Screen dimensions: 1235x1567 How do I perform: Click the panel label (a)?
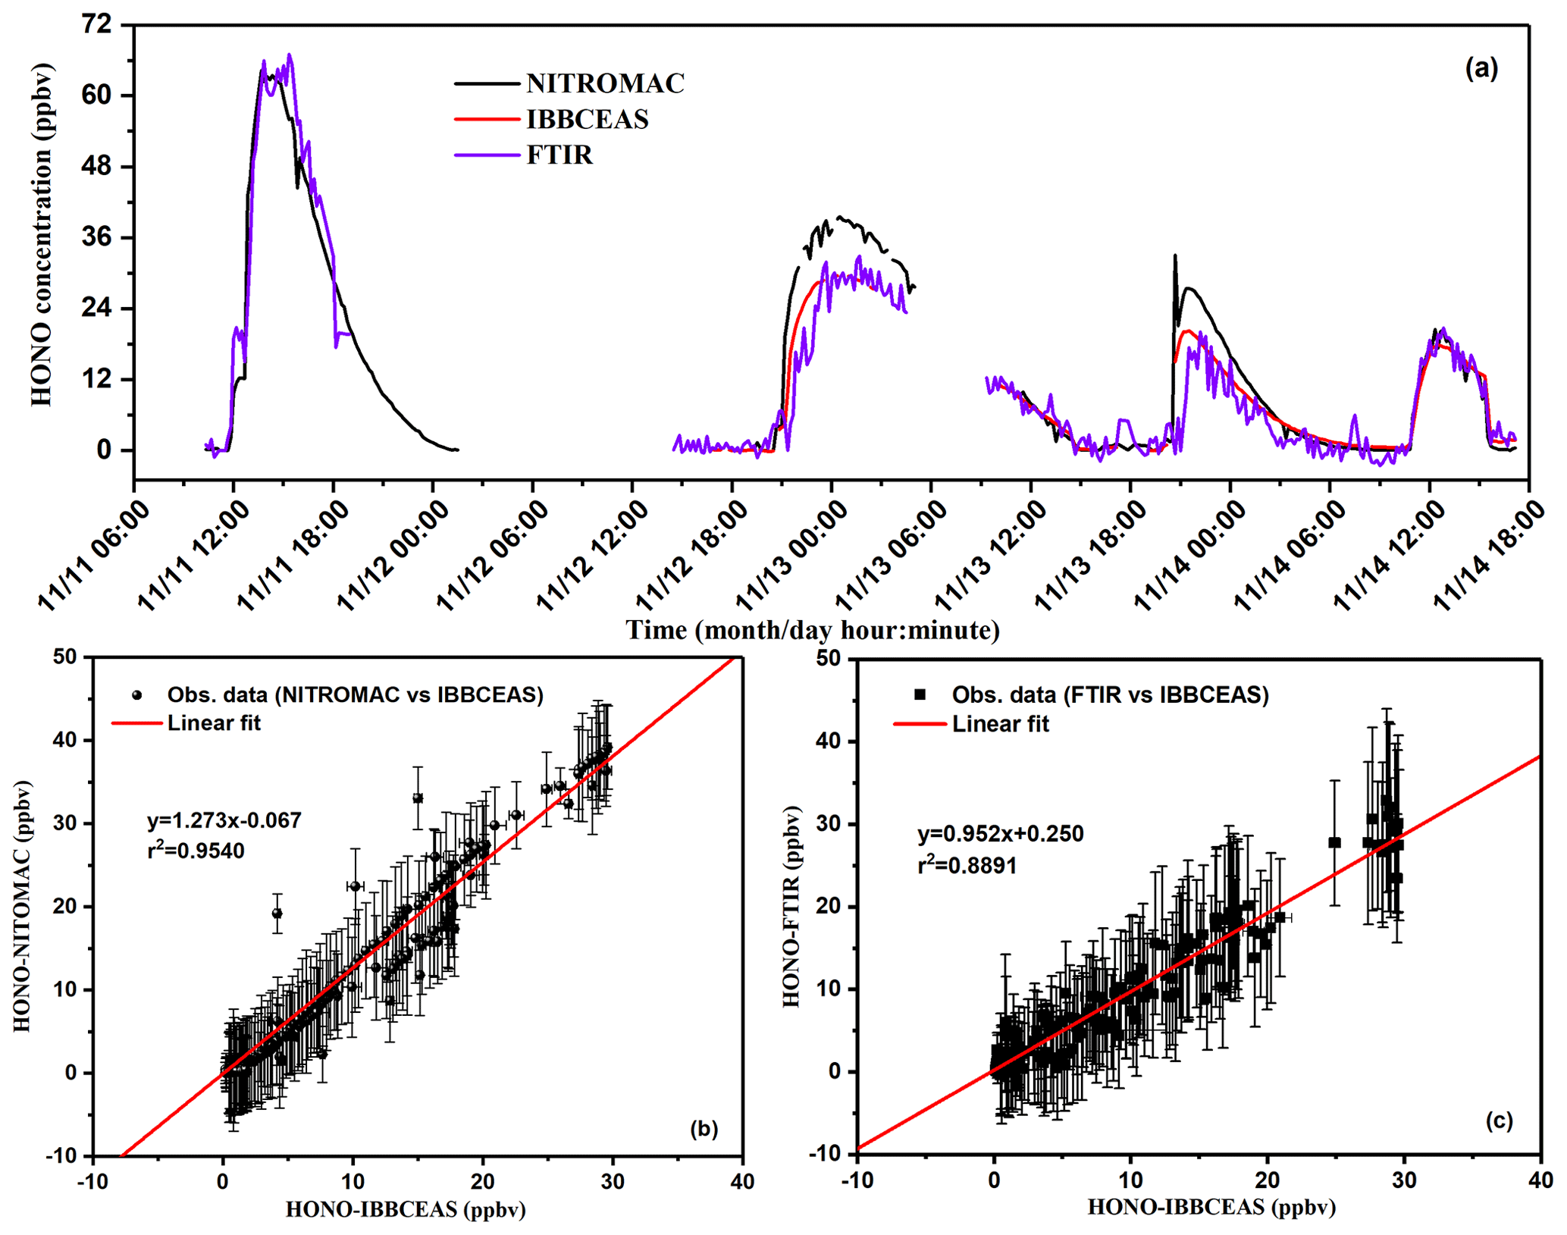click(x=1481, y=69)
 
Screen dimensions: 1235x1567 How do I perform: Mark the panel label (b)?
click(x=704, y=1129)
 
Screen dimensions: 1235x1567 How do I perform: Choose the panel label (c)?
click(x=1499, y=1121)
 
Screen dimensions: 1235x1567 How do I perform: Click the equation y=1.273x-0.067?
click(x=224, y=820)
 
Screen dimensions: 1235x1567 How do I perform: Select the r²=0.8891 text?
click(x=967, y=865)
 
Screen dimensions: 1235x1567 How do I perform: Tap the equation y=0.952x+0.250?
click(x=1001, y=834)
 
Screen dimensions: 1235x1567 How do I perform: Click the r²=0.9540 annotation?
click(x=196, y=851)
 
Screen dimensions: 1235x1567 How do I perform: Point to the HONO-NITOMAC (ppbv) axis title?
click(x=23, y=906)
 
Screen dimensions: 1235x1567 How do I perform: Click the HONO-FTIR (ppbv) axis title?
click(x=792, y=907)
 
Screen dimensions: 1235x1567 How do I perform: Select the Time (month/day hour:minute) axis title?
click(x=812, y=631)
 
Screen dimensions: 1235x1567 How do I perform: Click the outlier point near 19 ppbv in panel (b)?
click(x=277, y=914)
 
